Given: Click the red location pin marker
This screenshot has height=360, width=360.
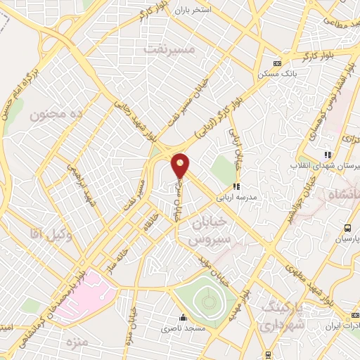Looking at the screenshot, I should click(181, 165).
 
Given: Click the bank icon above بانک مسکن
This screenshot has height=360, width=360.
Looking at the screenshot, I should click(276, 62).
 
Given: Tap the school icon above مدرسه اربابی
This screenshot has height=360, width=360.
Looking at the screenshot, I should click(236, 187).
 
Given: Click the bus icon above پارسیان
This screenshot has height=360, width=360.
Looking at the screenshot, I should click(347, 228).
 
